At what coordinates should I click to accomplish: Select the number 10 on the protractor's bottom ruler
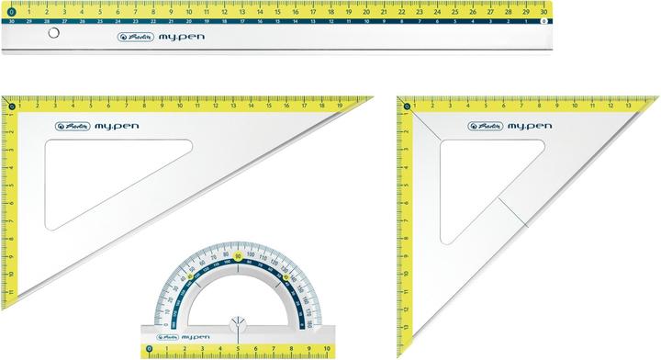tap(325, 350)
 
